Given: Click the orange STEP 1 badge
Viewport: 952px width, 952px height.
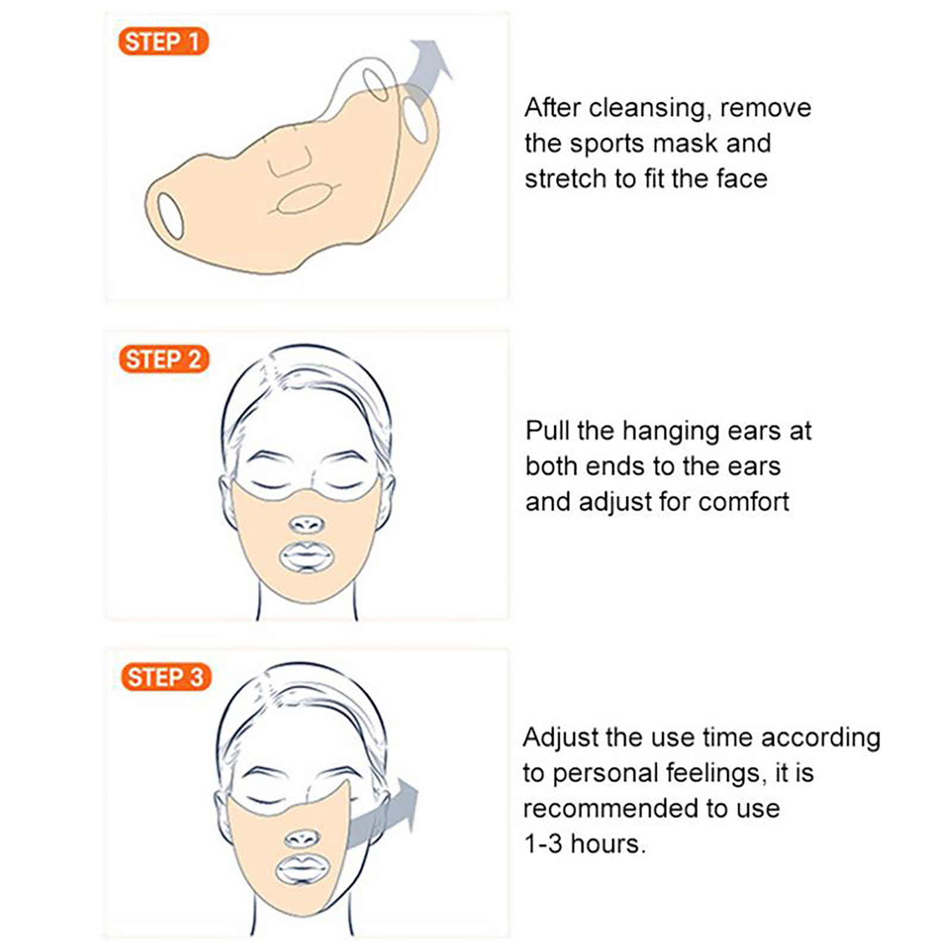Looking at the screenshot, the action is pyautogui.click(x=164, y=42).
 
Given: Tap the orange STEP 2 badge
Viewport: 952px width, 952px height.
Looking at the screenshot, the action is pyautogui.click(x=164, y=359).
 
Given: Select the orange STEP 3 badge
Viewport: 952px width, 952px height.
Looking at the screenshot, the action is pyautogui.click(x=166, y=677).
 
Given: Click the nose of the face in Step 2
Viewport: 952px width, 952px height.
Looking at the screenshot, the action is pyautogui.click(x=306, y=524).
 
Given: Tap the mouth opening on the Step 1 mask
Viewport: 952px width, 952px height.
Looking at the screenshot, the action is pyautogui.click(x=302, y=199).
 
